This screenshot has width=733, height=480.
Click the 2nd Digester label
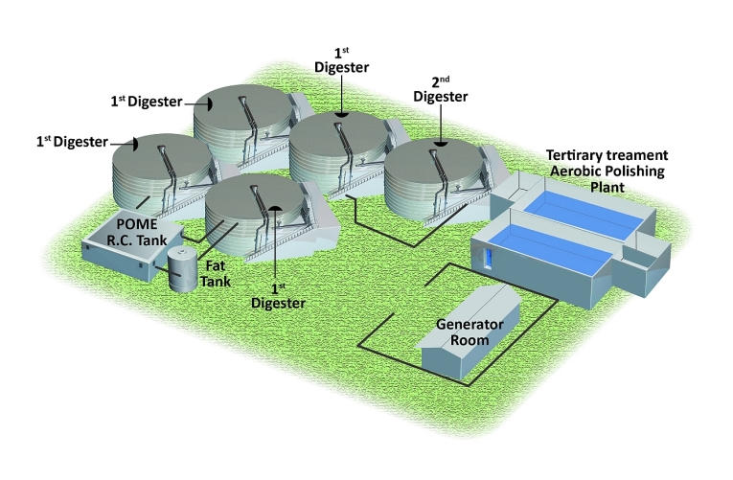click(441, 90)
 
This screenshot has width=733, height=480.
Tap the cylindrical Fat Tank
click(183, 269)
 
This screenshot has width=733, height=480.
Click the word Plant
click(607, 188)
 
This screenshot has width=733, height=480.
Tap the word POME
click(137, 224)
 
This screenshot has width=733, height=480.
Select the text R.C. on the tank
click(118, 240)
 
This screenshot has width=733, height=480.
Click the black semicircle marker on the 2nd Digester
click(440, 142)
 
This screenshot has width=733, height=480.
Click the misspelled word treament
click(636, 155)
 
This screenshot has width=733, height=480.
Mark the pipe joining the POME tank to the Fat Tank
click(168, 271)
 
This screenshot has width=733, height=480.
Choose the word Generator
click(470, 325)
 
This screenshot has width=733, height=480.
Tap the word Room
click(470, 340)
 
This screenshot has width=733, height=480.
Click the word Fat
click(216, 266)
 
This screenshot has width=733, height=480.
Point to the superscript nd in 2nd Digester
click(445, 80)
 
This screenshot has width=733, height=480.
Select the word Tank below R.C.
click(149, 240)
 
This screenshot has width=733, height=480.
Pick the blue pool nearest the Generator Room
click(550, 249)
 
